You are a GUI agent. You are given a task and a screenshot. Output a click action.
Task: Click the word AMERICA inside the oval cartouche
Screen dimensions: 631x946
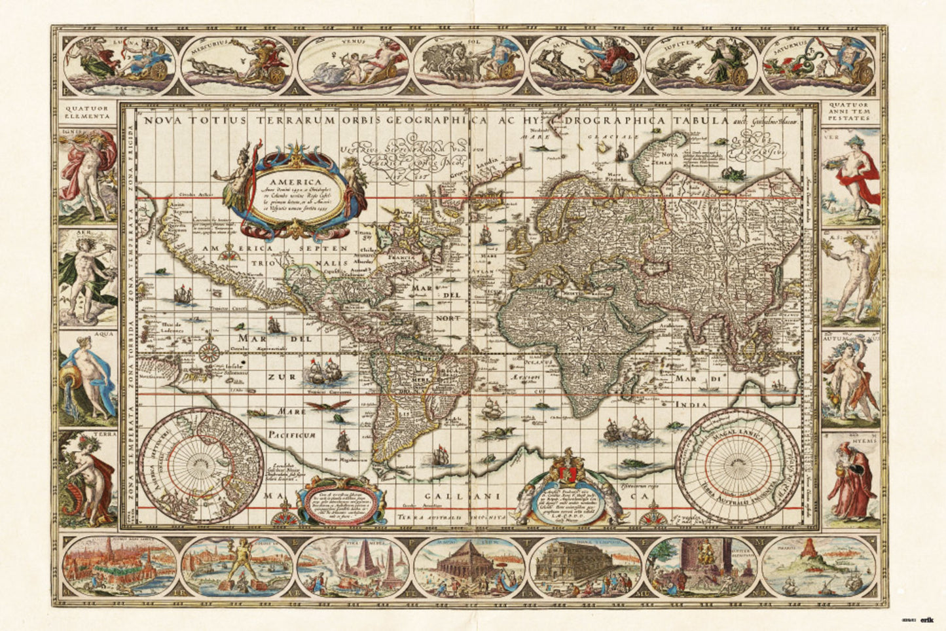pyautogui.click(x=292, y=183)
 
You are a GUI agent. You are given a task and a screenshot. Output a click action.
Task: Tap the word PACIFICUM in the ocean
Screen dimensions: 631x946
pyautogui.click(x=292, y=435)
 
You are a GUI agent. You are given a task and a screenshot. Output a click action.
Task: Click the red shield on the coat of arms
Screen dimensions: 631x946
pyautogui.click(x=567, y=471)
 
